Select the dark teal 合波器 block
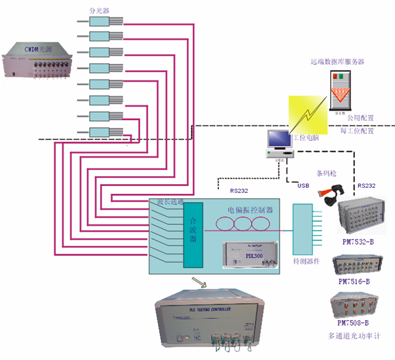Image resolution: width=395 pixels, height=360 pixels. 193,235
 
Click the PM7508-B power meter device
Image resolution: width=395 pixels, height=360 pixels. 354,306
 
